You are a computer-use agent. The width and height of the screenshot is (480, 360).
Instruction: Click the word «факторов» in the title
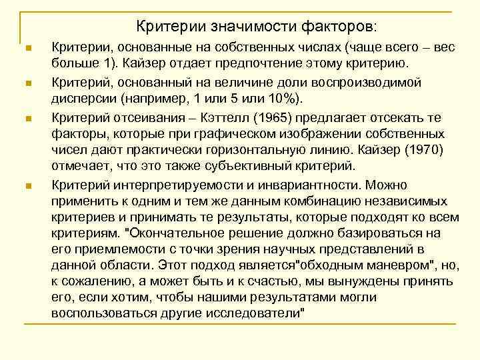(x=337, y=27)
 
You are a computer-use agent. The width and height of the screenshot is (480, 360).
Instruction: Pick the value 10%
(x=284, y=99)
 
